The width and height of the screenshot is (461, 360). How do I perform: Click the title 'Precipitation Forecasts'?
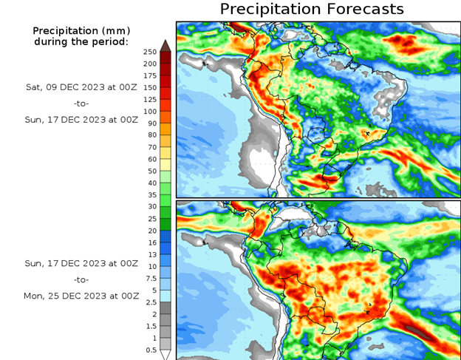pyautogui.click(x=312, y=9)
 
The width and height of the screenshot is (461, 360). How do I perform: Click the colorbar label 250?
pyautogui.click(x=150, y=52)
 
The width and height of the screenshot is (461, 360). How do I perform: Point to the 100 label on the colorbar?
pyautogui.click(x=150, y=111)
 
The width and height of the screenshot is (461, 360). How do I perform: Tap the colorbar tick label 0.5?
pyautogui.click(x=151, y=349)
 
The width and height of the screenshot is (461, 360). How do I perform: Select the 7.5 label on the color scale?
pyautogui.click(x=151, y=278)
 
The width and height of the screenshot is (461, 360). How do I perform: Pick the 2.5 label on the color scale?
pyautogui.click(x=151, y=302)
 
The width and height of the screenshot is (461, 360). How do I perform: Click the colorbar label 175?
pyautogui.click(x=150, y=75)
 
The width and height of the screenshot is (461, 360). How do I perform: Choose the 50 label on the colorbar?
pyautogui.click(x=151, y=171)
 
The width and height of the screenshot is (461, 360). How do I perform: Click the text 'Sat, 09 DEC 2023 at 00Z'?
pyautogui.click(x=82, y=86)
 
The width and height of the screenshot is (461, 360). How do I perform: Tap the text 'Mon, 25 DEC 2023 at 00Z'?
pyautogui.click(x=82, y=295)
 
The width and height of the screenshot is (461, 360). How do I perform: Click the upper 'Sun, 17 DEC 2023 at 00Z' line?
pyautogui.click(x=82, y=119)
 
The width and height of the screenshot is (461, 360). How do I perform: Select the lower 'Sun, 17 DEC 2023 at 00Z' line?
pyautogui.click(x=82, y=262)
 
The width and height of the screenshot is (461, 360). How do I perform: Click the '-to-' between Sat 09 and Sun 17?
pyautogui.click(x=82, y=103)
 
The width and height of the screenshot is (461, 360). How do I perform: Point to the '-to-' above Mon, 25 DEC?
pyautogui.click(x=82, y=279)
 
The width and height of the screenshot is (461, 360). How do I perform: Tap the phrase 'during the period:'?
pyautogui.click(x=81, y=41)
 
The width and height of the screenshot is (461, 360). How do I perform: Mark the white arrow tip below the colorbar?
pyautogui.click(x=166, y=355)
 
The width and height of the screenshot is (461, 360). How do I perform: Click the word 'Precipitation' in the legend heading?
pyautogui.click(x=64, y=30)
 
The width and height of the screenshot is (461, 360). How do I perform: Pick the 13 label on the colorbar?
pyautogui.click(x=151, y=254)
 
